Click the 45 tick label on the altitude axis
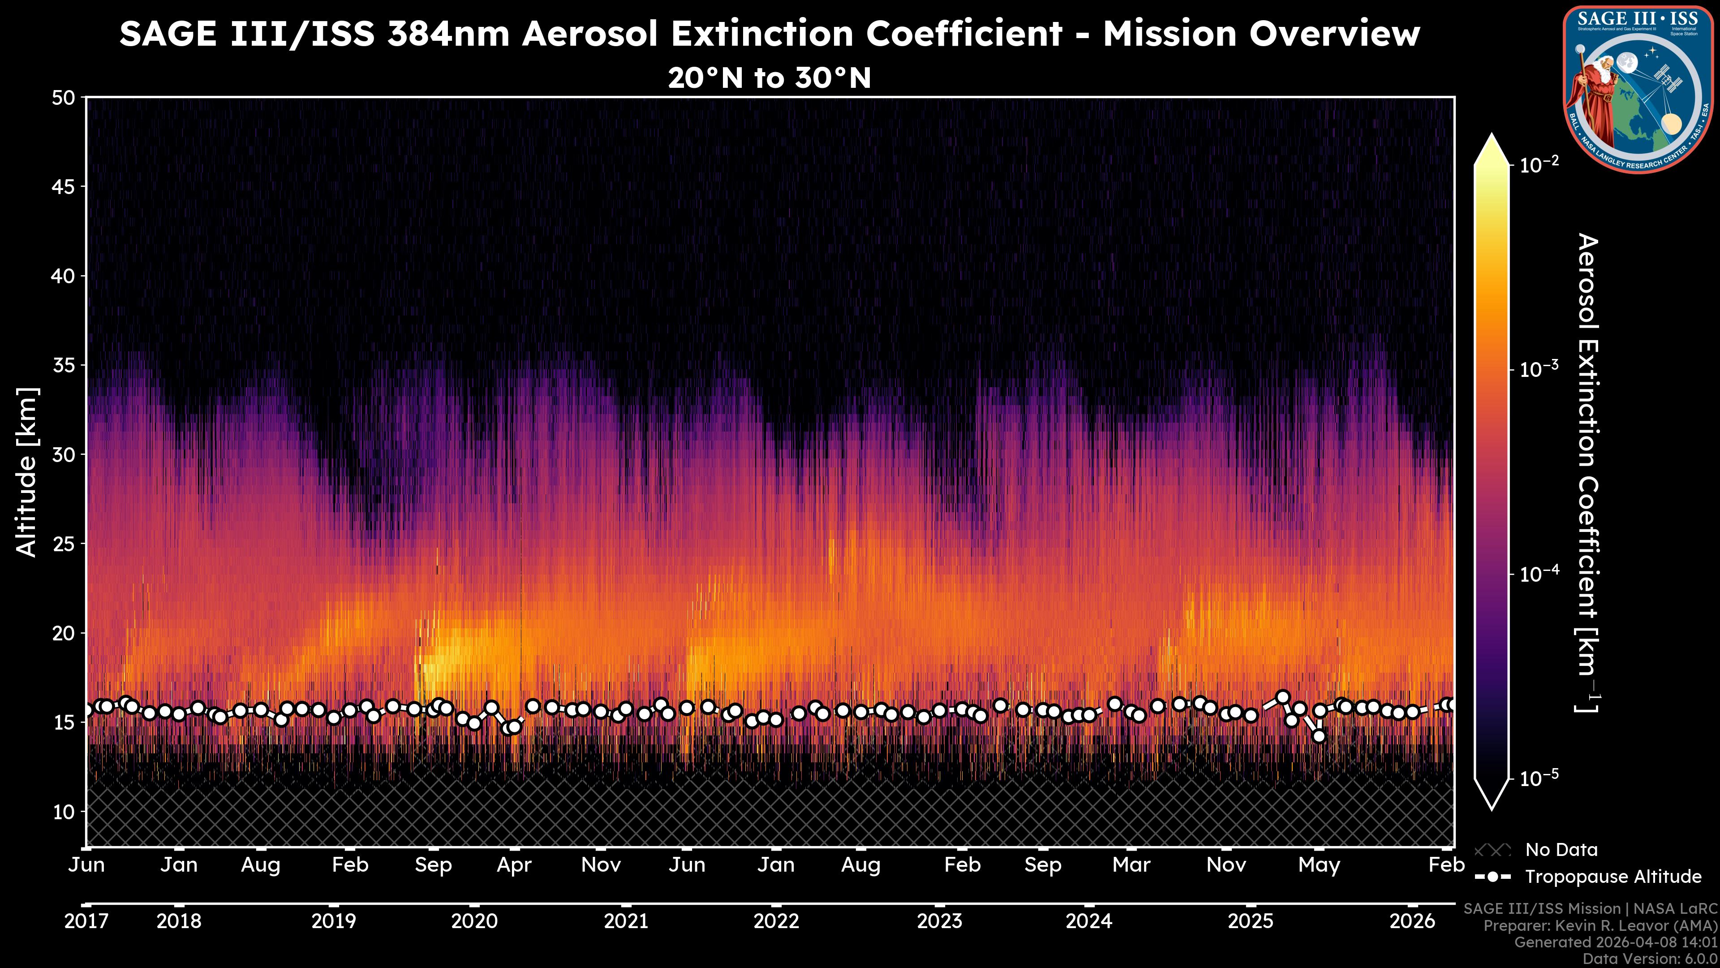(64, 187)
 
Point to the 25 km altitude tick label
(64, 544)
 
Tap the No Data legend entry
(1561, 850)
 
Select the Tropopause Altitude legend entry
(1613, 877)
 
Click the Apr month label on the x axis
(514, 865)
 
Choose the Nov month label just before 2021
(601, 865)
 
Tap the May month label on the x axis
(1319, 865)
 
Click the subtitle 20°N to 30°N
(769, 78)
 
